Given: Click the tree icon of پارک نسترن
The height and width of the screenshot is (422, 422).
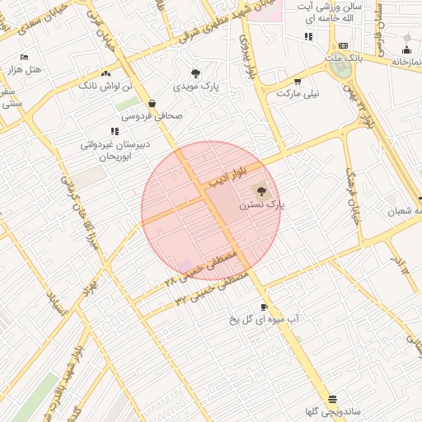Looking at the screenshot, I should click(x=261, y=190).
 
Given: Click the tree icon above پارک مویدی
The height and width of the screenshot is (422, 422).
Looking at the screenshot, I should click(x=195, y=73).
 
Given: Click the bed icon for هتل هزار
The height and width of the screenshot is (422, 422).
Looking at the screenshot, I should click(x=24, y=57).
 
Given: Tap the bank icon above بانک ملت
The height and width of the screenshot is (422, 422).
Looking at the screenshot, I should click(x=343, y=45).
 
